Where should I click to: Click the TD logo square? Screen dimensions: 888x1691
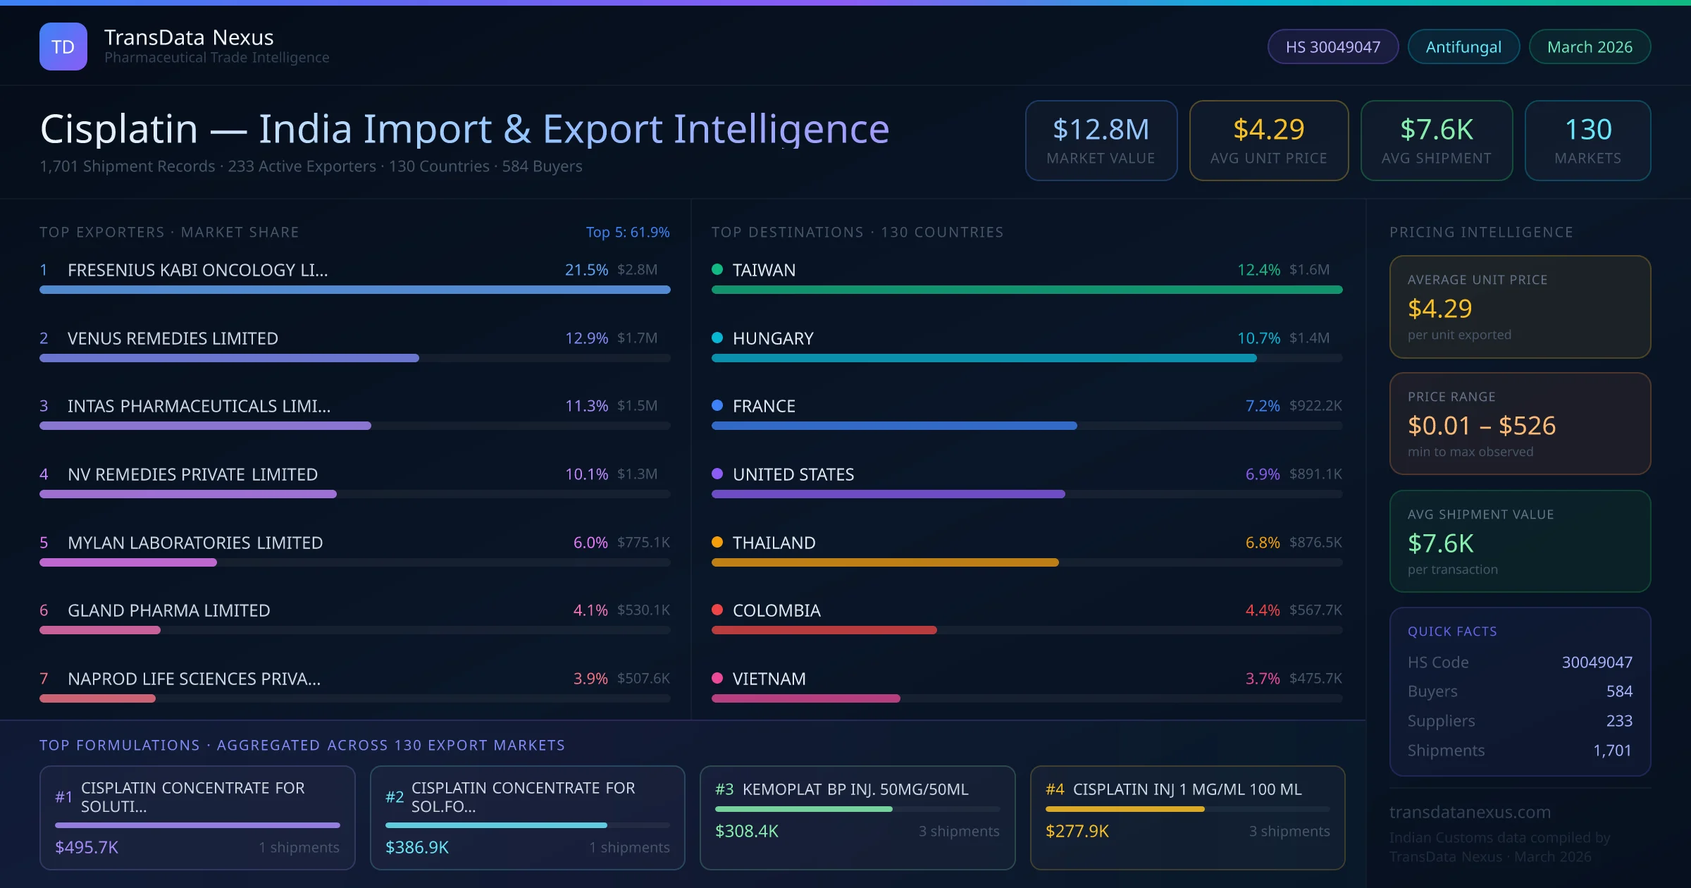pyautogui.click(x=63, y=47)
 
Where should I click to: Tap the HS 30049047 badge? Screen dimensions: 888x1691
pyautogui.click(x=1332, y=47)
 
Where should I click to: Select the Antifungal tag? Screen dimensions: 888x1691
pyautogui.click(x=1463, y=47)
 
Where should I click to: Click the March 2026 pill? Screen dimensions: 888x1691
pyautogui.click(x=1590, y=47)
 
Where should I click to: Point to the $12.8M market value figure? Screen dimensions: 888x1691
pyautogui.click(x=1101, y=129)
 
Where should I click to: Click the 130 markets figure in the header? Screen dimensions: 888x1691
pyautogui.click(x=1587, y=129)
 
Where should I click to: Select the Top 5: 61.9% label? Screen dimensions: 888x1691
pyautogui.click(x=627, y=232)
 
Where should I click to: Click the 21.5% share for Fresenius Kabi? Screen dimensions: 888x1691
pyautogui.click(x=586, y=269)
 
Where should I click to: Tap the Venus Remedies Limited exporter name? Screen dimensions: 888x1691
pyautogui.click(x=173, y=338)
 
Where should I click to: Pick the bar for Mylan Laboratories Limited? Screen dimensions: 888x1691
pyautogui.click(x=128, y=562)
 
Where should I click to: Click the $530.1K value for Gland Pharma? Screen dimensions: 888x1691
pyautogui.click(x=643, y=610)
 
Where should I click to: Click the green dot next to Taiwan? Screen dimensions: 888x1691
pyautogui.click(x=717, y=269)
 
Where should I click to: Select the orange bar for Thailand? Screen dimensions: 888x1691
pyautogui.click(x=885, y=562)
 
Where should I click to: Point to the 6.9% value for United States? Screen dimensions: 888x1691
pyautogui.click(x=1262, y=474)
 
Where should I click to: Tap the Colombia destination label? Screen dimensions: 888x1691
pyautogui.click(x=776, y=610)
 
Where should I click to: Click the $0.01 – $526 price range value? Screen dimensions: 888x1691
pyautogui.click(x=1481, y=426)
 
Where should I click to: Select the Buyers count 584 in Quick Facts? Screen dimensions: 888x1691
pyautogui.click(x=1618, y=691)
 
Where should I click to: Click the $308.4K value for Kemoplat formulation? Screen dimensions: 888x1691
pyautogui.click(x=746, y=831)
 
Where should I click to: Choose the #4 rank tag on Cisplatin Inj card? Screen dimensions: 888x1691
pyautogui.click(x=1054, y=789)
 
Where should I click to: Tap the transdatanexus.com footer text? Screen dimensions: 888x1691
pyautogui.click(x=1470, y=812)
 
